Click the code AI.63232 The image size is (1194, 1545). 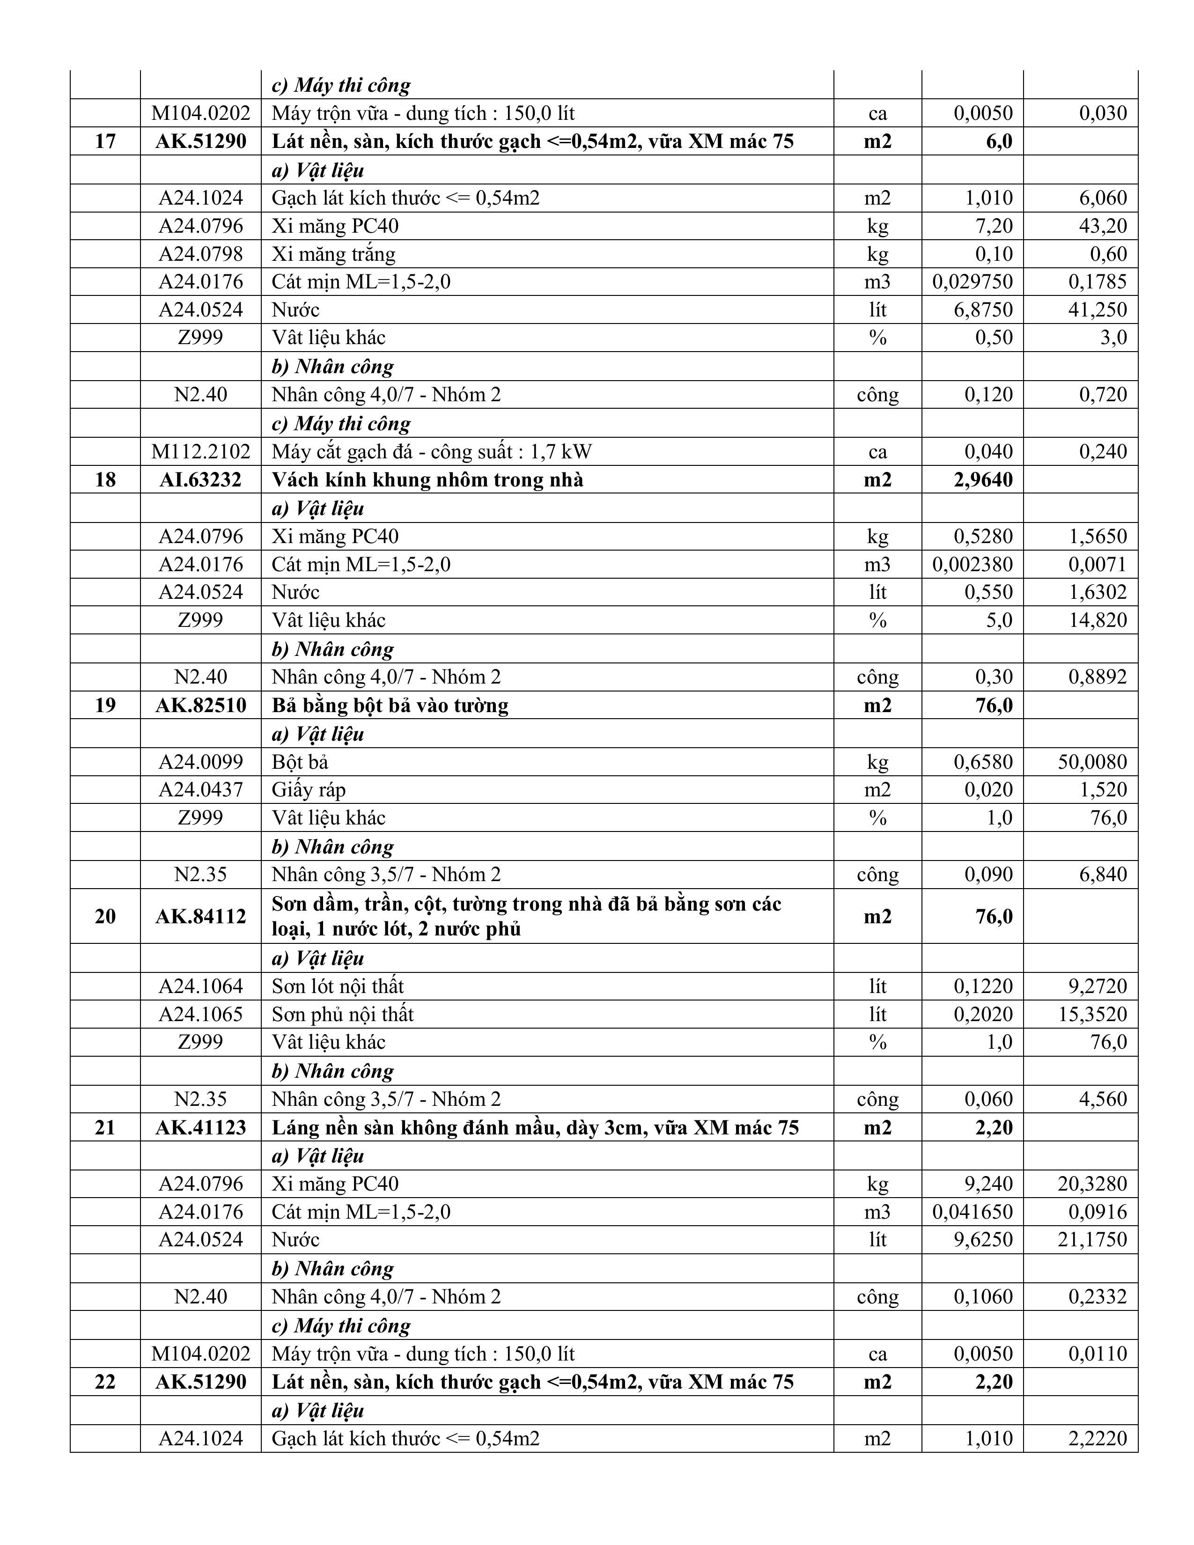tap(201, 479)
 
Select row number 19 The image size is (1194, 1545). tap(105, 705)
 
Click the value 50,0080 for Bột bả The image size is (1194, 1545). tap(1091, 762)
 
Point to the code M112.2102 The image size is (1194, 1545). tap(201, 451)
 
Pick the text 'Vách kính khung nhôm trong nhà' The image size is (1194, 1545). tap(427, 479)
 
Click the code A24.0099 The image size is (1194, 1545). tap(201, 762)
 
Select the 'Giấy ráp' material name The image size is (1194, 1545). tap(309, 789)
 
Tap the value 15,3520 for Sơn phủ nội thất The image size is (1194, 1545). tap(1091, 1014)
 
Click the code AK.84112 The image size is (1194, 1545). tap(201, 916)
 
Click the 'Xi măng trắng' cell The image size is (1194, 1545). tap(333, 254)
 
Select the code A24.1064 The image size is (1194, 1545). tap(201, 986)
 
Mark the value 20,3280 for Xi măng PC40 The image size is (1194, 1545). tap(1091, 1184)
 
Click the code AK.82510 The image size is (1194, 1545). tap(201, 705)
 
